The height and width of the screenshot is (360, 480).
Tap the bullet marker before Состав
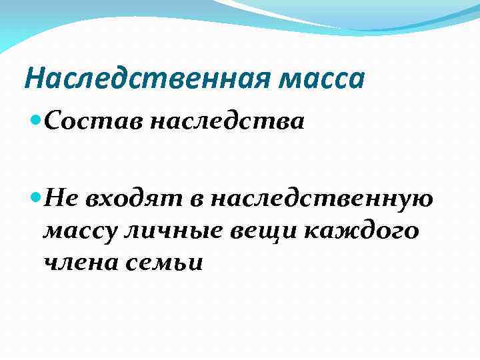[x=37, y=123]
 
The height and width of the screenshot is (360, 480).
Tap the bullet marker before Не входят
[x=37, y=198]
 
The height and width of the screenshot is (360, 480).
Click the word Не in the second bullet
[x=64, y=198]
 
